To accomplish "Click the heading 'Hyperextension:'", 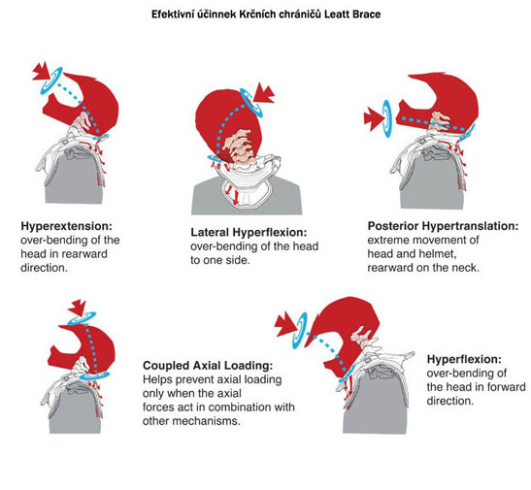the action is click(66, 226).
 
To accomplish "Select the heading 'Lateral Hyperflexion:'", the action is click(249, 233).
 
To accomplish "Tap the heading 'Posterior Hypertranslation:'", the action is click(443, 226).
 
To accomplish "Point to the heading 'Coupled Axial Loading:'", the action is click(208, 366).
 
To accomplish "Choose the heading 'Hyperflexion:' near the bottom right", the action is click(464, 359).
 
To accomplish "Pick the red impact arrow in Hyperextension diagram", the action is click(42, 71).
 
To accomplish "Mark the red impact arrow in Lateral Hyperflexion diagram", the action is click(264, 93).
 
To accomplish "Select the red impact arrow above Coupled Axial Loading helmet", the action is click(78, 308).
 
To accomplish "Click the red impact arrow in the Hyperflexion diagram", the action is click(285, 324).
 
